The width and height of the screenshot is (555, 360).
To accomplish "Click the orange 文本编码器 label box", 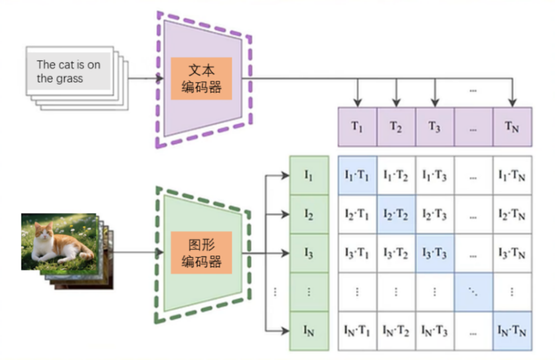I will pos(201,78).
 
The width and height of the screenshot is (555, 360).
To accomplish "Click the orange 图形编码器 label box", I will pos(201,253).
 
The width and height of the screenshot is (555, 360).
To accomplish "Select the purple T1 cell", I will pos(357,127).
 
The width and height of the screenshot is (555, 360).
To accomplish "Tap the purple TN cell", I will pos(512,127).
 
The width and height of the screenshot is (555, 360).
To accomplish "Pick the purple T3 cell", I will pos(435,127).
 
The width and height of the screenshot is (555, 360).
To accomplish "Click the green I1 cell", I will pos(309,175).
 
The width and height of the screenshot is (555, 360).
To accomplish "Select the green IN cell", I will pos(309,331).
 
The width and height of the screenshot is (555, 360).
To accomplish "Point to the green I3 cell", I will pos(309,253).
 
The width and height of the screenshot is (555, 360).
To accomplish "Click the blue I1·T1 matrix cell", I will pos(357,175).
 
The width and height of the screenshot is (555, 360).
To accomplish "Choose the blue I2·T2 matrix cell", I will pos(396,214).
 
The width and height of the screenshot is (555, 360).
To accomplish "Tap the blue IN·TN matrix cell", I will pos(512,331).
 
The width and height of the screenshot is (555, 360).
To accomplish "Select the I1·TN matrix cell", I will pos(512,175).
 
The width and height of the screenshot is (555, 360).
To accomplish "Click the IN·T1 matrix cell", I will pos(357,331).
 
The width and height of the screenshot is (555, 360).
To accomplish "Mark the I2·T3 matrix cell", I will pos(435,214).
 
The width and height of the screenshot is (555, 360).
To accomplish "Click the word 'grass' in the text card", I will pos(70,79).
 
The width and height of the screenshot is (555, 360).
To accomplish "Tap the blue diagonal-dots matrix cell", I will pos(473,292).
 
